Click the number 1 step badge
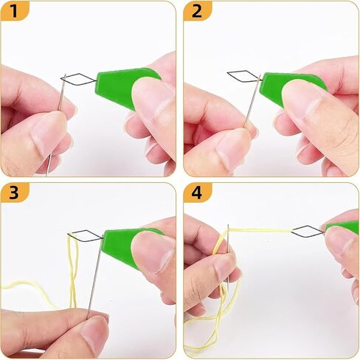tap(14, 11)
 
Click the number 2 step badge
tap(197, 11)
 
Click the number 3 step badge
tap(14, 193)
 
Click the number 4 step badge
tap(197, 193)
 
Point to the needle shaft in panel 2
tap(252, 101)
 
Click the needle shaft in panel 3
tap(94, 277)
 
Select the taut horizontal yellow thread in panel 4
tap(260, 230)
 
